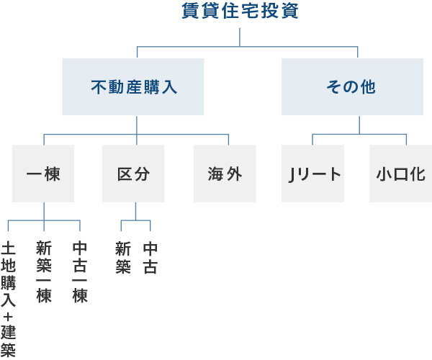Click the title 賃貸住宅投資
tap(240, 12)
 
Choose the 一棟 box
tap(43, 174)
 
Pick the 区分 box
tap(133, 174)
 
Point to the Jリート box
tap(312, 174)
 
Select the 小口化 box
tap(400, 174)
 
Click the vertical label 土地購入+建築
tap(9, 299)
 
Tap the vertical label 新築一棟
tap(44, 272)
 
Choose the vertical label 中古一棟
tap(80, 272)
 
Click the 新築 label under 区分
tap(123, 258)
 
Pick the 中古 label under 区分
tap(150, 258)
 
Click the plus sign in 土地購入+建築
tap(9, 316)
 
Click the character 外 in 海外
tap(234, 174)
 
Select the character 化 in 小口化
tap(418, 174)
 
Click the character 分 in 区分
tap(142, 174)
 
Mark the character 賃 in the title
tap(190, 12)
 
